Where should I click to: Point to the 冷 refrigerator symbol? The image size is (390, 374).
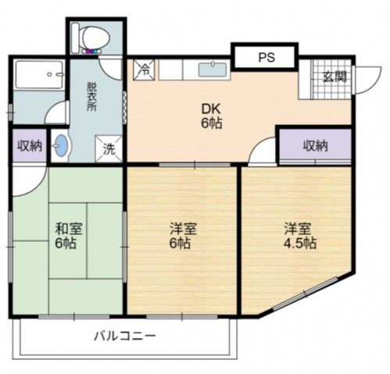145,68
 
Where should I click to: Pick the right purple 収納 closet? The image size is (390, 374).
315,146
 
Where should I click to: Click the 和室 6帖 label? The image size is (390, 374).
66,236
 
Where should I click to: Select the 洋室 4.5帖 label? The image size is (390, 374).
299,235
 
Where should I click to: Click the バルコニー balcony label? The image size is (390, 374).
125,337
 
